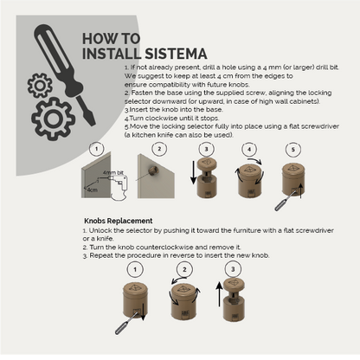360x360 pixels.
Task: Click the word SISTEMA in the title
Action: point(176,54)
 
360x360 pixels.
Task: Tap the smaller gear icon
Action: point(40,86)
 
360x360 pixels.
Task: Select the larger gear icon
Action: point(53,119)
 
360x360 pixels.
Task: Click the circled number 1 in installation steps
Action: point(96,149)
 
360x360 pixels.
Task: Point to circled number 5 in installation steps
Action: point(293,150)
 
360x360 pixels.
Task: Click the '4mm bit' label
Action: point(113,172)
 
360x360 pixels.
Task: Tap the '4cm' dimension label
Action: point(93,190)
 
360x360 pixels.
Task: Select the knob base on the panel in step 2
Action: point(153,170)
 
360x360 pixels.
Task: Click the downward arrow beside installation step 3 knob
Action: point(193,172)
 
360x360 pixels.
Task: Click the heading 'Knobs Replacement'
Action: point(119,221)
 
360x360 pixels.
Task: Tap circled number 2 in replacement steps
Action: point(184,270)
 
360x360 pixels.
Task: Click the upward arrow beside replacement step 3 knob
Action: point(220,294)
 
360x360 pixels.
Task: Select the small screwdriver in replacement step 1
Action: point(126,323)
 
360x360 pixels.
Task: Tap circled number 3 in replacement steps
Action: point(233,269)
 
